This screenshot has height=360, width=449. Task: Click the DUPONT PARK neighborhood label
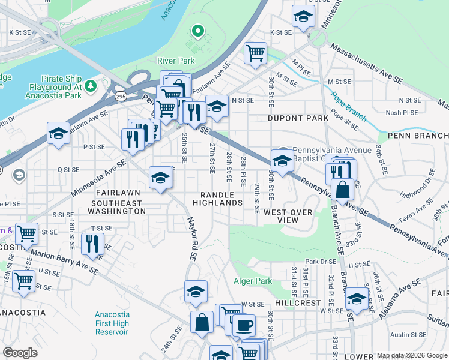[298, 118]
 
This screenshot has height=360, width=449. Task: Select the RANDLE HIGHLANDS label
[221, 199]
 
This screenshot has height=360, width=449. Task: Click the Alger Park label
[253, 281]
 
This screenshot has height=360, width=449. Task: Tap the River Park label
[176, 61]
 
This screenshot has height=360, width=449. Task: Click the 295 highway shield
[121, 96]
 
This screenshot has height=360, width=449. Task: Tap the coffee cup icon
[244, 325]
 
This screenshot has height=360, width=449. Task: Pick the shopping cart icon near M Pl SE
[256, 53]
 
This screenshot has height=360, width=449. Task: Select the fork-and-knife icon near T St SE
[92, 243]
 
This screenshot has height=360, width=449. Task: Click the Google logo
[20, 353]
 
